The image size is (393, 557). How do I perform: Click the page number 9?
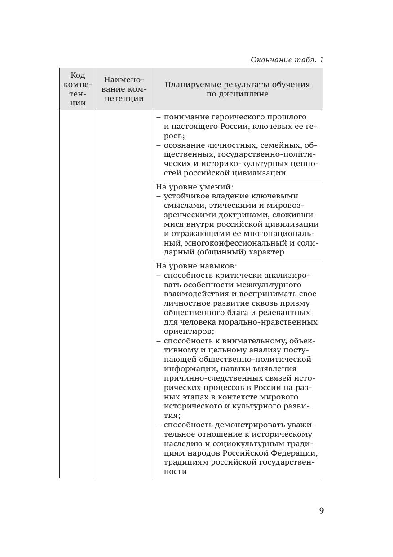pyautogui.click(x=321, y=511)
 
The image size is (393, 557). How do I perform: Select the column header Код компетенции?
pyautogui.click(x=78, y=89)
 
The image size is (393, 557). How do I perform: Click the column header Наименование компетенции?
pyautogui.click(x=124, y=89)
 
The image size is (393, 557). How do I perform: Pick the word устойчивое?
pyautogui.click(x=187, y=196)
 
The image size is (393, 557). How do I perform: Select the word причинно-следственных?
pyautogui.click(x=210, y=378)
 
